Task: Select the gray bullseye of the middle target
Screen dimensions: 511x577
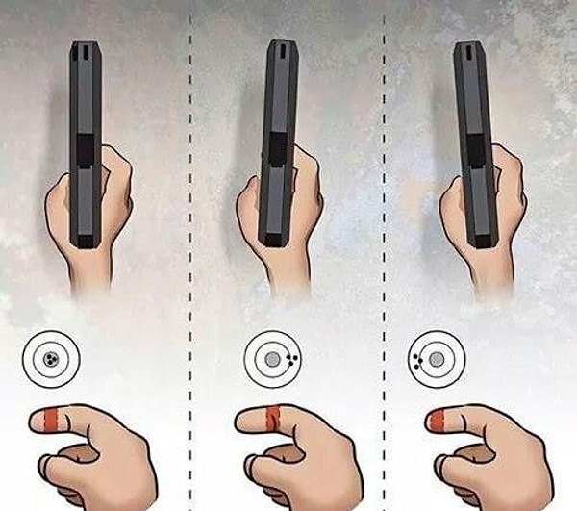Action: (272, 358)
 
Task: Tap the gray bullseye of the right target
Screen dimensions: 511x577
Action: (437, 358)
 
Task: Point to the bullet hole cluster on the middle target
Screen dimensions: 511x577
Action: (291, 359)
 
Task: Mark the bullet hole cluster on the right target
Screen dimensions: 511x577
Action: (417, 359)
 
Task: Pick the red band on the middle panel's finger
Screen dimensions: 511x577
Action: (272, 418)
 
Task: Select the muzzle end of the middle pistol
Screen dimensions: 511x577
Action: (280, 48)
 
